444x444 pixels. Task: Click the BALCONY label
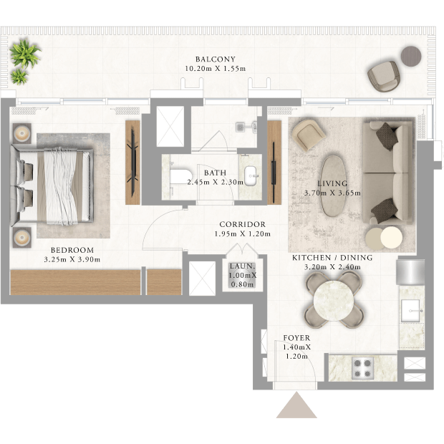216,59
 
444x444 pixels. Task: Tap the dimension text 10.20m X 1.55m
216,69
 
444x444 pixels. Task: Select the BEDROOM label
72,250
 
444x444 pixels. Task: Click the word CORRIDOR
242,224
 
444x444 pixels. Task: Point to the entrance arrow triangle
296,405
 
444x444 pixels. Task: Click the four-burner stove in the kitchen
363,367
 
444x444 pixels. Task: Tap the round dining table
333,300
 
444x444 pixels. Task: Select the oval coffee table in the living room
333,186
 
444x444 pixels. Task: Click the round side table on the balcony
411,57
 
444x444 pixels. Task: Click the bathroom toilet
180,178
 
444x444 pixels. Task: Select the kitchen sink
411,310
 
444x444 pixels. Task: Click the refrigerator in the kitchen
410,272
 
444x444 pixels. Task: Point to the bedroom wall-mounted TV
133,163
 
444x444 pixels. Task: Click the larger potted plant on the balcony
25,53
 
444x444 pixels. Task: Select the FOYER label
296,338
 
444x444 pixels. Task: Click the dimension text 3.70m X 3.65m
332,193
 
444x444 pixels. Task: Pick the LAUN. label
242,266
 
